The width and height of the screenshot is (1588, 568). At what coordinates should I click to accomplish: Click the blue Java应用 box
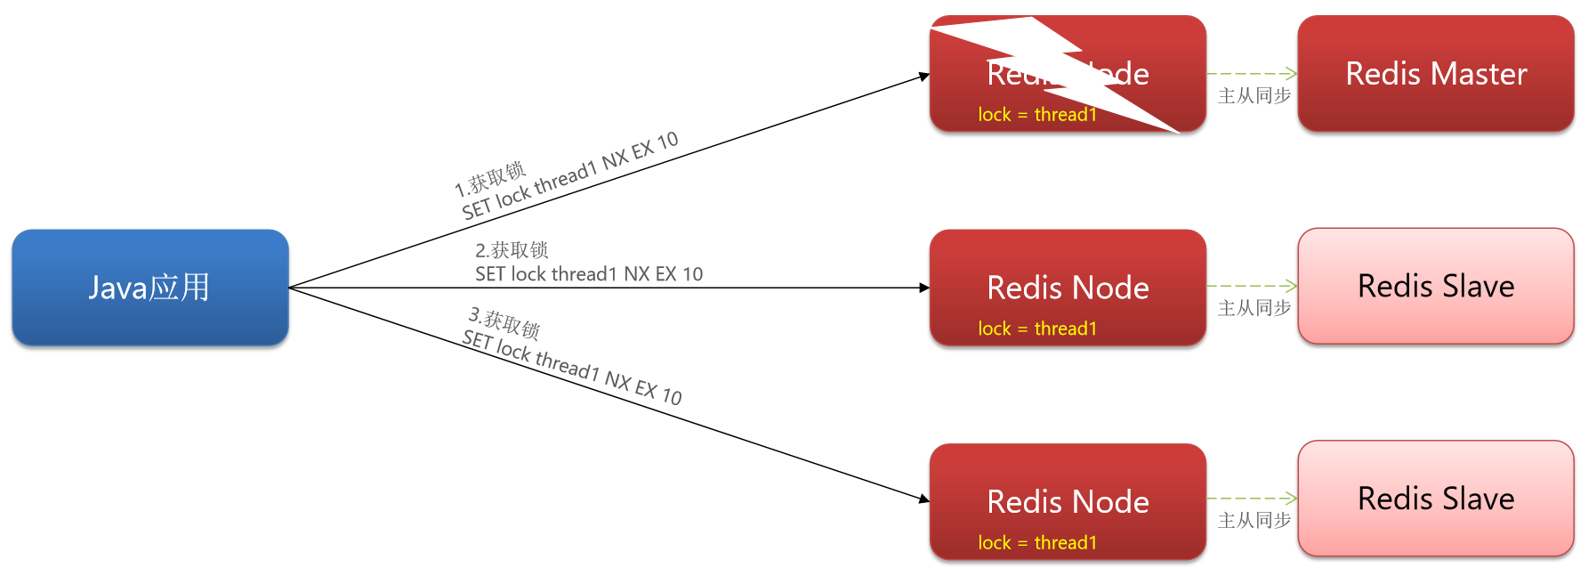(x=149, y=288)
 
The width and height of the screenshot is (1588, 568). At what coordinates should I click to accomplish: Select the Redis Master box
(x=1435, y=74)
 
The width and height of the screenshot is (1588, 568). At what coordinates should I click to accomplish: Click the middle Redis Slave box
(x=1435, y=286)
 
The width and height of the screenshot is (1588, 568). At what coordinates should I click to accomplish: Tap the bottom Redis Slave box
(x=1435, y=499)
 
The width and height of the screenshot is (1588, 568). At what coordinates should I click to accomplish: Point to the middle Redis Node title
(x=1068, y=288)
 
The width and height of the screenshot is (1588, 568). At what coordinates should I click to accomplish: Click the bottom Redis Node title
(x=1068, y=502)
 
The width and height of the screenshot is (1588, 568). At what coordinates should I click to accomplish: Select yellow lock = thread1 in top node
(x=1036, y=115)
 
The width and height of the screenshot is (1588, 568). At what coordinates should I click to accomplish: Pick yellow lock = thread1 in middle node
(x=1036, y=329)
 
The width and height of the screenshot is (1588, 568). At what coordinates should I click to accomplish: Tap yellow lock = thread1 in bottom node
(x=1036, y=542)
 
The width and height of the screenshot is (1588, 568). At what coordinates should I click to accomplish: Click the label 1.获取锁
(x=490, y=179)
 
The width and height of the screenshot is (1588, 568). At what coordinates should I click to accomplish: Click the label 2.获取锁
(x=512, y=250)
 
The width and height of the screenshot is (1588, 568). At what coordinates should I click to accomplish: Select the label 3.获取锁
(x=504, y=323)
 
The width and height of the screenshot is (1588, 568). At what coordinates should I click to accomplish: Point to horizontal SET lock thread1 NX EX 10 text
(x=589, y=274)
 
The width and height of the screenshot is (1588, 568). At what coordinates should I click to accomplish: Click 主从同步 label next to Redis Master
(x=1253, y=96)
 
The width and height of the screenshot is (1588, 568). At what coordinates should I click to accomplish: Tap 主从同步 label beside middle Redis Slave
(x=1253, y=308)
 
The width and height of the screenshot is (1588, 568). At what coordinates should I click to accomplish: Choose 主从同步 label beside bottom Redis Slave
(x=1253, y=521)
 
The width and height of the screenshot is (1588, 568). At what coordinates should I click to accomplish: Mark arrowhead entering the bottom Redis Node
(x=925, y=499)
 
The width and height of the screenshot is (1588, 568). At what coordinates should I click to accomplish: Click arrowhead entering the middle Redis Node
(x=925, y=288)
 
